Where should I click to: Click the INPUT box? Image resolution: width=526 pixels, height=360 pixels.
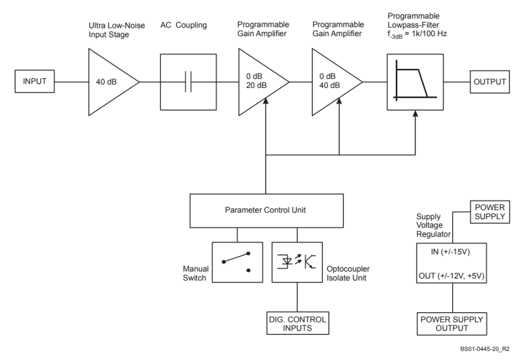click(x=35, y=82)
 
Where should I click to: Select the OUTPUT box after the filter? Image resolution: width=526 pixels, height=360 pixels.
click(x=490, y=82)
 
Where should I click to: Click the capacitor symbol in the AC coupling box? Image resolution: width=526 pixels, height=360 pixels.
click(x=188, y=82)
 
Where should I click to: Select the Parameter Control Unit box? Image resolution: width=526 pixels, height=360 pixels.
click(x=265, y=210)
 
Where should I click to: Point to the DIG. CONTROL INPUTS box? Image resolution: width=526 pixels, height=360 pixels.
click(x=297, y=323)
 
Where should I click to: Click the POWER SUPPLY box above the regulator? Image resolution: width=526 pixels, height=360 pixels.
click(x=490, y=211)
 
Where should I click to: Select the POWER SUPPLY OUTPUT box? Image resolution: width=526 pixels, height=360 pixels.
click(x=451, y=324)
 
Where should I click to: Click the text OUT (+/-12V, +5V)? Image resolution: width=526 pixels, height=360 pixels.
click(x=451, y=275)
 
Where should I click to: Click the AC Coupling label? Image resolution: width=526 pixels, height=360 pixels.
click(x=183, y=25)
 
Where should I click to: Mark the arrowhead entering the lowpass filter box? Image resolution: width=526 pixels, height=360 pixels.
click(x=415, y=112)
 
